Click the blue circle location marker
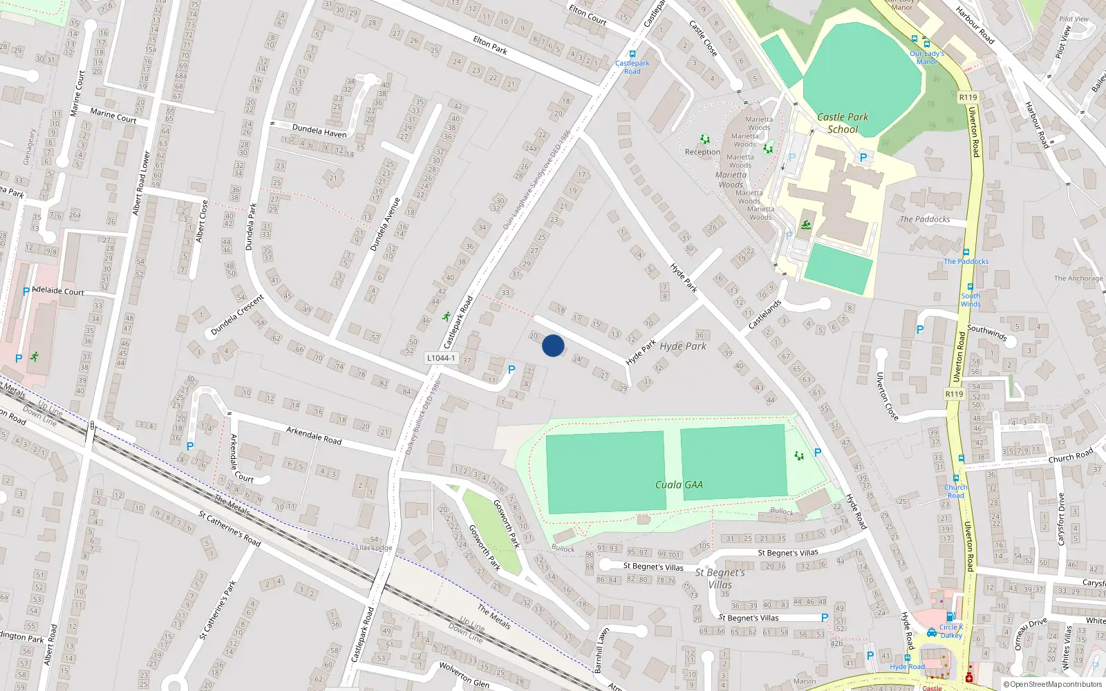coord(553,345)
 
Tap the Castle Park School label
coord(843,123)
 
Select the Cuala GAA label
coord(679,485)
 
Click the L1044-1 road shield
coord(440,358)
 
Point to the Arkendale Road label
coord(314,435)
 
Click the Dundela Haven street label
coord(319,130)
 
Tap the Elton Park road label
coord(490,45)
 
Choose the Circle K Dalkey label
coord(950,632)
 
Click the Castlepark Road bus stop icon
coord(632,54)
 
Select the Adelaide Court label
coord(58,291)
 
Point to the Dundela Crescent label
coord(237,315)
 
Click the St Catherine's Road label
coord(229,529)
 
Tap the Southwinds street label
coord(987,333)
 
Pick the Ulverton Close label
coord(887,396)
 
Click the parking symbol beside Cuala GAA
coord(818,453)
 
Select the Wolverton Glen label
coord(464,674)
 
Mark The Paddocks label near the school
coord(924,220)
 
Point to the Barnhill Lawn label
coord(602,650)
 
